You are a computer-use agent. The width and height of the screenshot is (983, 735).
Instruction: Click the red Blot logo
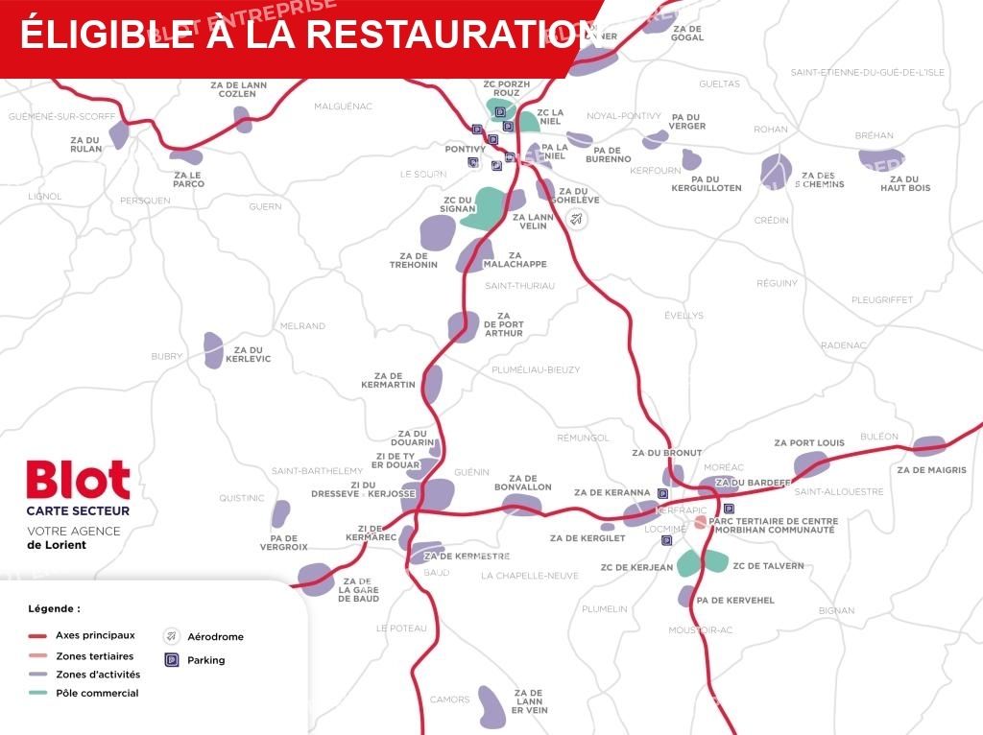pyautogui.click(x=78, y=480)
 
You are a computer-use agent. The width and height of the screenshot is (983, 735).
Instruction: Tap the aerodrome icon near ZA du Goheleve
pyautogui.click(x=576, y=219)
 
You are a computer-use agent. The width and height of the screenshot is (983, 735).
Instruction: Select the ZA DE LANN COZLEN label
pyautogui.click(x=238, y=89)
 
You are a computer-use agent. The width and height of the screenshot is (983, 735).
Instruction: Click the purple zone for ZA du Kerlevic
pyautogui.click(x=213, y=350)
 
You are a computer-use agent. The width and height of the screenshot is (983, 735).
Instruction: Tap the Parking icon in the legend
pyautogui.click(x=172, y=660)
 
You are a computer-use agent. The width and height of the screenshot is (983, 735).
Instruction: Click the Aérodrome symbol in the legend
pyautogui.click(x=172, y=636)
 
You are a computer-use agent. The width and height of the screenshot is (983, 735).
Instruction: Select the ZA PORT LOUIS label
pyautogui.click(x=809, y=443)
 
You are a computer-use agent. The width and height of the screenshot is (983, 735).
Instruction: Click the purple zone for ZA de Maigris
pyautogui.click(x=928, y=446)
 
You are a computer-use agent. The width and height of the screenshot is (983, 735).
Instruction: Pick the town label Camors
pyautogui.click(x=449, y=699)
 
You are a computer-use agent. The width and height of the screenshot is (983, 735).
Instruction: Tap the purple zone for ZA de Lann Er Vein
pyautogui.click(x=491, y=706)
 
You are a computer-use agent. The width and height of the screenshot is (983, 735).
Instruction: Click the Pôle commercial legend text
pyautogui.click(x=97, y=693)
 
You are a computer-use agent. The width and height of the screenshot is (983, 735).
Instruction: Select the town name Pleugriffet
pyautogui.click(x=881, y=300)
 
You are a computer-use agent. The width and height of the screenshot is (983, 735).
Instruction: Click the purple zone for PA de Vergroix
pyautogui.click(x=280, y=514)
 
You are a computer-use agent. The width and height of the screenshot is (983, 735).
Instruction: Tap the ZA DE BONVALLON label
pyautogui.click(x=522, y=483)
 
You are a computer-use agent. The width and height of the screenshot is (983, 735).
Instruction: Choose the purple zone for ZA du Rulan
pyautogui.click(x=118, y=133)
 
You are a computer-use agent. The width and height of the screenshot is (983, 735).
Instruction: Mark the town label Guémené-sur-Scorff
pyautogui.click(x=61, y=117)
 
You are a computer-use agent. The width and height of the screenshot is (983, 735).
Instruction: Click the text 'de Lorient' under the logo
pyautogui.click(x=57, y=545)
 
